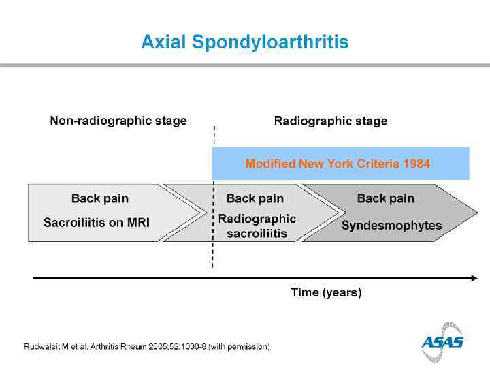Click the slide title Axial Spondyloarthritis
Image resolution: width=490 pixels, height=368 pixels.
pos(245,42)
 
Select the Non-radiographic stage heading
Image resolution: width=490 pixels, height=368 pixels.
pos(118,121)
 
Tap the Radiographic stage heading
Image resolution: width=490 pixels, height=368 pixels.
pos(331,121)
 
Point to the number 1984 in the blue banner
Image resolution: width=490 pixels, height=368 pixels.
pos(416,164)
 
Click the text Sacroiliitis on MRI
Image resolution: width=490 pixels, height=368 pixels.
pos(97,223)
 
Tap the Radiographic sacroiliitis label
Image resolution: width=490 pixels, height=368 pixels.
pos(257,226)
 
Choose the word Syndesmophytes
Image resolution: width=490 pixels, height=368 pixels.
pos(391,226)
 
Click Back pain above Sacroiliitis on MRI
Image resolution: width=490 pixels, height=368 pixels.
pos(100,198)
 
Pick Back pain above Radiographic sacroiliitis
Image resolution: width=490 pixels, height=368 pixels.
pos(255,198)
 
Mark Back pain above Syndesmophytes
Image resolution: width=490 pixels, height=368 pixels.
pos(386,198)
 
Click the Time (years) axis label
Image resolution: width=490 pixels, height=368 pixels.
pos(327,292)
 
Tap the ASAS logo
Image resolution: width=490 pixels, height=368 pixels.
pos(442,341)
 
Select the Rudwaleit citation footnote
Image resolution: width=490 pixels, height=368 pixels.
pos(147,347)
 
